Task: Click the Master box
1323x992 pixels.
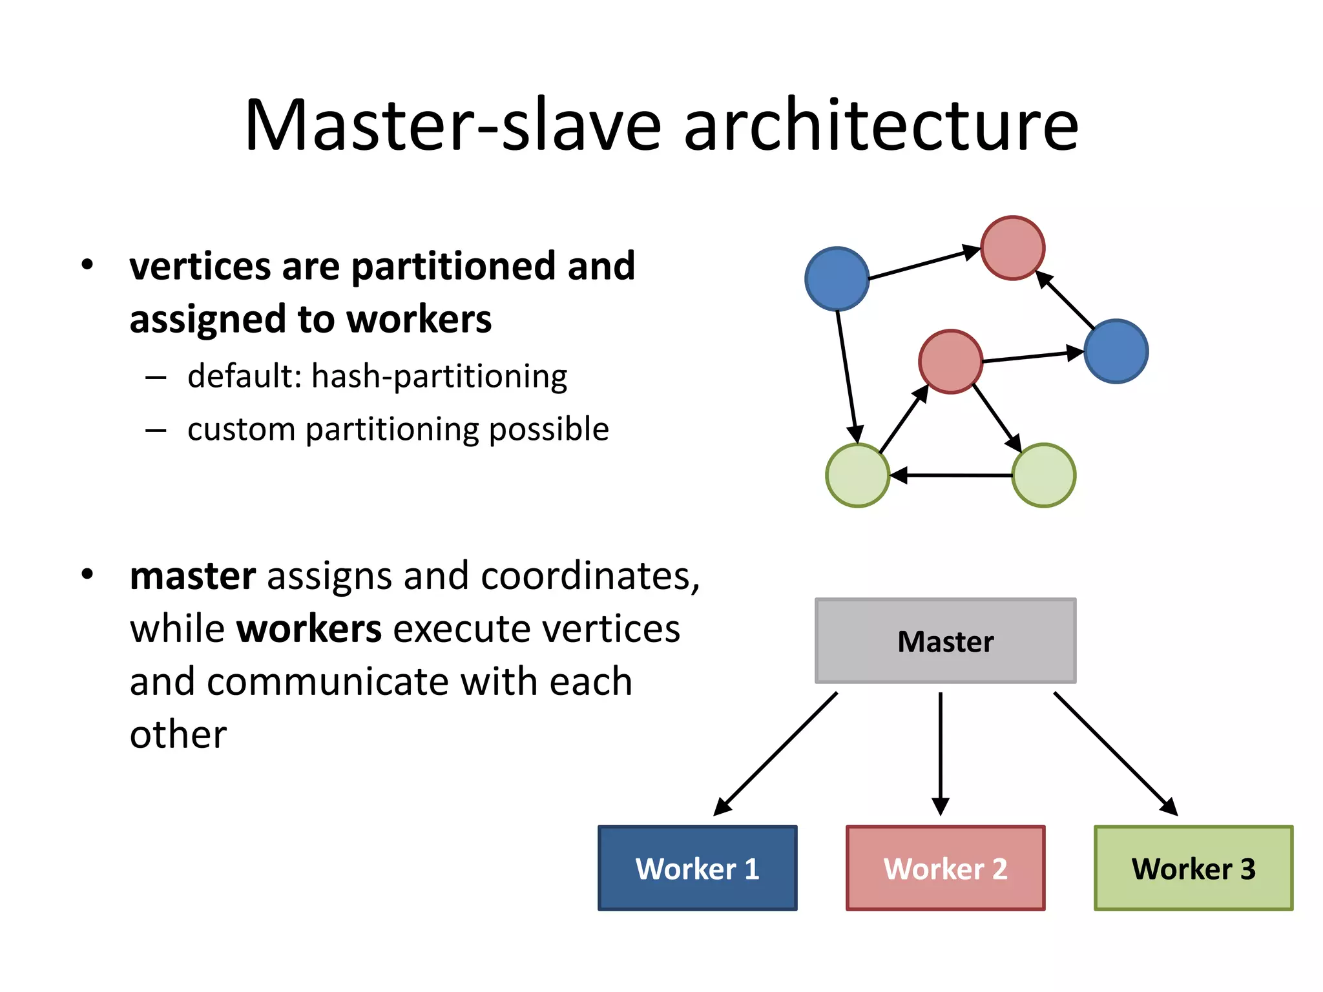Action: click(x=945, y=641)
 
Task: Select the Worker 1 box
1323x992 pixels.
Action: click(x=697, y=868)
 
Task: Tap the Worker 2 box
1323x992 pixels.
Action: click(x=945, y=868)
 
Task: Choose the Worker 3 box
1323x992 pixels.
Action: click(x=1193, y=868)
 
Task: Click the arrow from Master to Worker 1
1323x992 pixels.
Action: click(x=775, y=754)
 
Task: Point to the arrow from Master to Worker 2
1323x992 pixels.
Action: click(x=941, y=752)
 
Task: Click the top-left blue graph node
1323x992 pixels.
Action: click(x=837, y=278)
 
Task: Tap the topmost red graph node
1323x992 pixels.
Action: click(x=1012, y=248)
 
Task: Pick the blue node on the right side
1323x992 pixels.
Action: click(x=1116, y=351)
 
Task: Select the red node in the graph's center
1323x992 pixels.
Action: click(x=950, y=362)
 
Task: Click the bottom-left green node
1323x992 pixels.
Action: click(x=858, y=475)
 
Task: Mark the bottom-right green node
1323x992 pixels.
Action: click(x=1043, y=475)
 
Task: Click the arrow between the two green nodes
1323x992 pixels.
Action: click(x=951, y=475)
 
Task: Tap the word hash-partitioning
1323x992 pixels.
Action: click(x=439, y=376)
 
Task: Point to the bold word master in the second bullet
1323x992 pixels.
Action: click(x=193, y=576)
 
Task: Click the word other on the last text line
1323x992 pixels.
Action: click(x=178, y=735)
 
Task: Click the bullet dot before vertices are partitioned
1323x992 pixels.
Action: click(x=87, y=265)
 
